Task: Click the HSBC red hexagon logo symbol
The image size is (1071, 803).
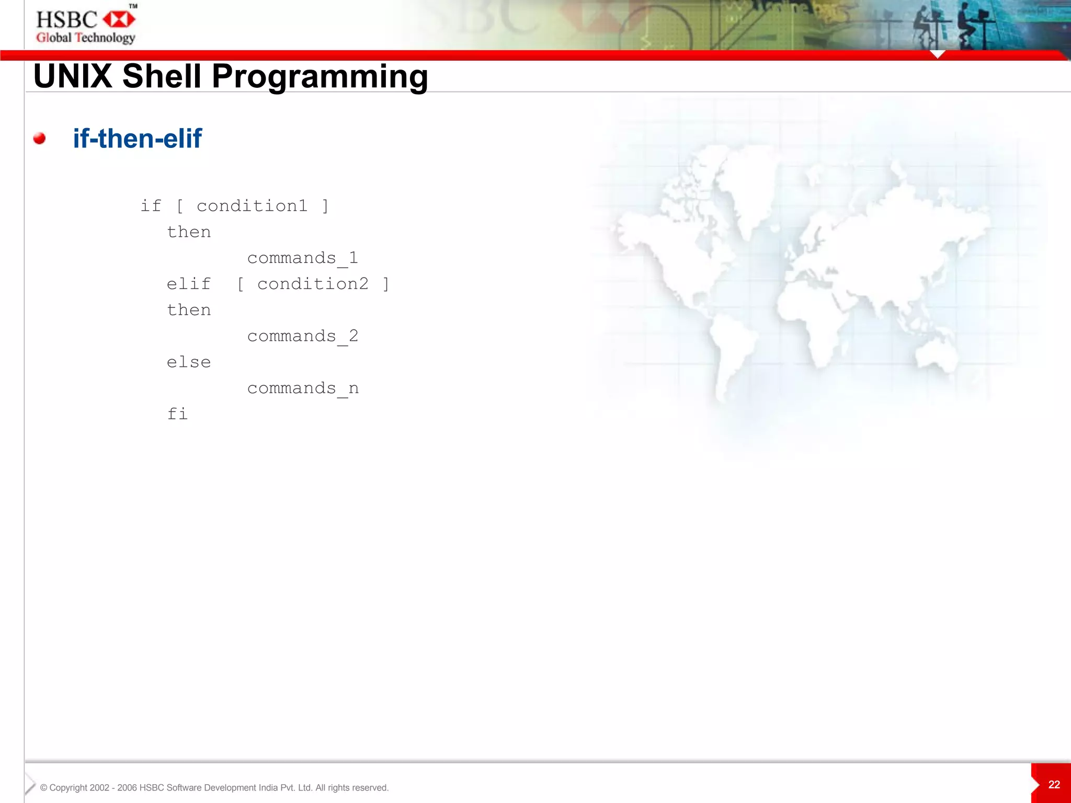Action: click(119, 20)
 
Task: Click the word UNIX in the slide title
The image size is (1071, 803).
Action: click(73, 76)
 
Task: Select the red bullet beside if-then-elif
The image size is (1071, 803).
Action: click(39, 139)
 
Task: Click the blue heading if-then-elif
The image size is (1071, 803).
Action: click(137, 139)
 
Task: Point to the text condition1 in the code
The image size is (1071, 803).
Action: click(252, 206)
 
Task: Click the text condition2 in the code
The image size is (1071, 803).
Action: click(313, 284)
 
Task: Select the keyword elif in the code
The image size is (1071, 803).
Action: click(189, 284)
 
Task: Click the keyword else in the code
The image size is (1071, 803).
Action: click(189, 362)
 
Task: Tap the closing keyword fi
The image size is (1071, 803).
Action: click(177, 414)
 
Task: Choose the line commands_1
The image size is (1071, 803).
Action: click(302, 258)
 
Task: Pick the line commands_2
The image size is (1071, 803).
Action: click(302, 336)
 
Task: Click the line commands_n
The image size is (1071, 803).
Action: click(303, 388)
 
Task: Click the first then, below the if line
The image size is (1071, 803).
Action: click(189, 232)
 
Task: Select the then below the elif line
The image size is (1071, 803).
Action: click(189, 310)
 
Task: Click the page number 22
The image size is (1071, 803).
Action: click(1054, 784)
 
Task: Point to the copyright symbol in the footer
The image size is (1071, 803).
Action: click(43, 788)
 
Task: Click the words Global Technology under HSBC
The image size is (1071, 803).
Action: click(86, 38)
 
